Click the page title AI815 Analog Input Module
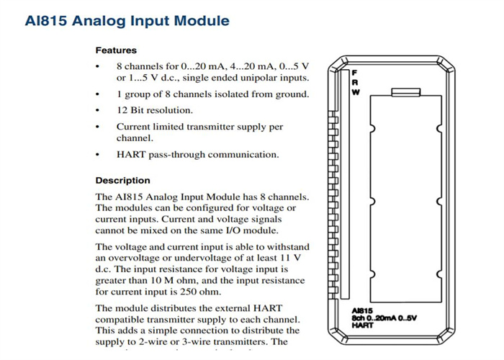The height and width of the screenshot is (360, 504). click(x=127, y=21)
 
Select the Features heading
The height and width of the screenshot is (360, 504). click(x=116, y=50)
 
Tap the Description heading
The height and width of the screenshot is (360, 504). click(x=122, y=181)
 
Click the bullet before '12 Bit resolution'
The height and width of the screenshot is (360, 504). click(x=98, y=111)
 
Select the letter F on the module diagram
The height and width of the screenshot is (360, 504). click(x=354, y=73)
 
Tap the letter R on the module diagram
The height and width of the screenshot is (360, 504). click(x=354, y=83)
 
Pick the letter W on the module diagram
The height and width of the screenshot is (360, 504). click(x=354, y=92)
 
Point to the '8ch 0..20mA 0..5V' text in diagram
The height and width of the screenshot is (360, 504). click(x=384, y=318)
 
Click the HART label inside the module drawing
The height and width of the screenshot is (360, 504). click(x=363, y=325)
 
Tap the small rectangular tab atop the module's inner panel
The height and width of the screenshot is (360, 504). click(x=406, y=92)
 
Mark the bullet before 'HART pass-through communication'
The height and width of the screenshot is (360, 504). click(x=98, y=155)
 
